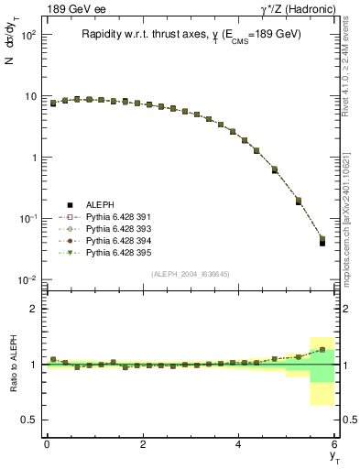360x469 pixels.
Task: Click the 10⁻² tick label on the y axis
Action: (27, 279)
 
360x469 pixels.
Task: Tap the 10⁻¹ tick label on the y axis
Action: (27, 218)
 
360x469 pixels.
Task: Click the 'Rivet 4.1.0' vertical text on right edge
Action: (351, 69)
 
